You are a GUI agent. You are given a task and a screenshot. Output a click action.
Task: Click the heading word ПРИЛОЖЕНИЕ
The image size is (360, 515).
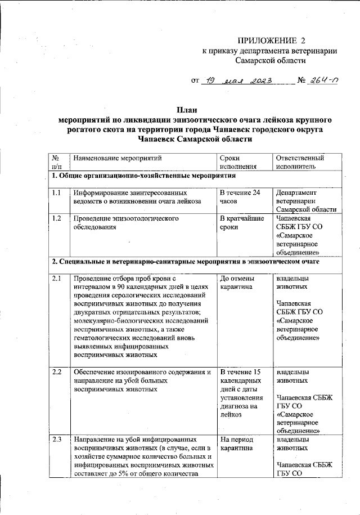click(x=265, y=41)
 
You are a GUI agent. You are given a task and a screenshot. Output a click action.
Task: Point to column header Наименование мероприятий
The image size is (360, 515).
click(x=117, y=158)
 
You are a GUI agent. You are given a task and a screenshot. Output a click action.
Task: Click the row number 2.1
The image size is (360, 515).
click(x=57, y=279)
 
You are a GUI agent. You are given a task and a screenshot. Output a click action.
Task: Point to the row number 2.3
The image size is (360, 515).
click(x=57, y=438)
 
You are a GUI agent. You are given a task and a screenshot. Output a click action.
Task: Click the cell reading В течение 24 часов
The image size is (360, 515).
click(x=240, y=197)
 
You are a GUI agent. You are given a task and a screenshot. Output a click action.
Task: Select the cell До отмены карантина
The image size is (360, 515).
click(x=237, y=283)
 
